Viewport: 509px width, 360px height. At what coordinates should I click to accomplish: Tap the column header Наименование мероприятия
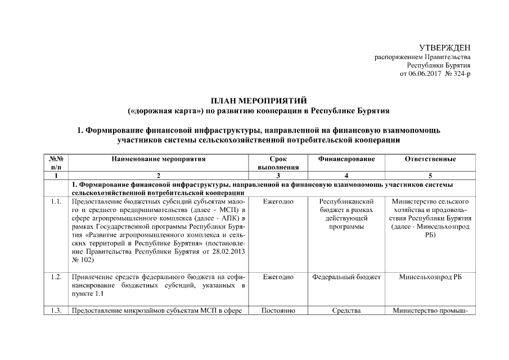(159, 159)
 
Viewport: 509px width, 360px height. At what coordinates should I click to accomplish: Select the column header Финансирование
(346, 159)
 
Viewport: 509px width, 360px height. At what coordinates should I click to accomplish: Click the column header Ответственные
(430, 159)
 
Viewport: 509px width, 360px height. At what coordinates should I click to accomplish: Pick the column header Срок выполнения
(278, 163)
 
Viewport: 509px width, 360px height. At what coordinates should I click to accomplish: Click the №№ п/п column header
(56, 163)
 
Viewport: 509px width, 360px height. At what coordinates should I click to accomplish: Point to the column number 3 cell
(278, 176)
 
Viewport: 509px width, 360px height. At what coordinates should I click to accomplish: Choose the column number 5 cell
(430, 176)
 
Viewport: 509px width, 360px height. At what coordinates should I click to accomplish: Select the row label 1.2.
(56, 277)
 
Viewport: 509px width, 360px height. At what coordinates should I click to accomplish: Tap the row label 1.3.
(56, 310)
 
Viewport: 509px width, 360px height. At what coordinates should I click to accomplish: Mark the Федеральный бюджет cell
(346, 277)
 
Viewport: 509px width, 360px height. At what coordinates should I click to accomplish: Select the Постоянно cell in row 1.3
(278, 310)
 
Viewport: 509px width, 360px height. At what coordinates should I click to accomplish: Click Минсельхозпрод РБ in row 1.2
(430, 277)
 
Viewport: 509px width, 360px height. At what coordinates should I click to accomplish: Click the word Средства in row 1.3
(346, 310)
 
